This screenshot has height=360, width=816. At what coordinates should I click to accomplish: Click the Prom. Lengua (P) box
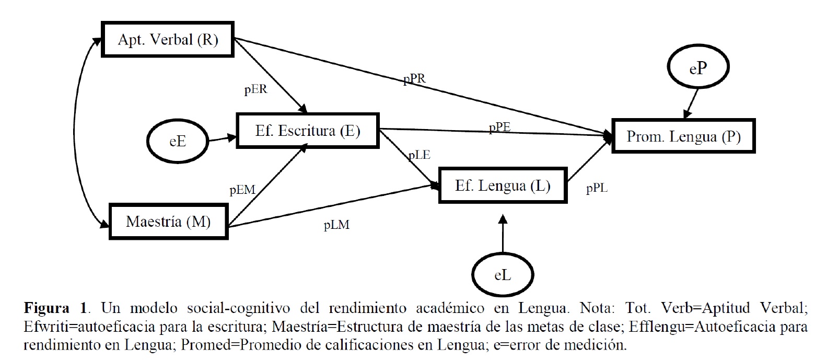point(684,137)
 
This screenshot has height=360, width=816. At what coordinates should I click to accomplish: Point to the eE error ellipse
point(178,142)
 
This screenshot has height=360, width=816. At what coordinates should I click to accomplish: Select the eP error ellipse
point(698,70)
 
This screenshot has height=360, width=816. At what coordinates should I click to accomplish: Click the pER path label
point(256,89)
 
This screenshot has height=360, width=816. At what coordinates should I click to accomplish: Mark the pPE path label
point(499,127)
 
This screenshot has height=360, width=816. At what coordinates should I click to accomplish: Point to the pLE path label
point(419,155)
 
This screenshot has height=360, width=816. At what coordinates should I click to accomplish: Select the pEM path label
point(242,190)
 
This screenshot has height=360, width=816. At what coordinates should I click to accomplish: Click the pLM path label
point(337,226)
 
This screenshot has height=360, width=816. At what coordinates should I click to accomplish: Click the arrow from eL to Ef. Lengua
point(503,233)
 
